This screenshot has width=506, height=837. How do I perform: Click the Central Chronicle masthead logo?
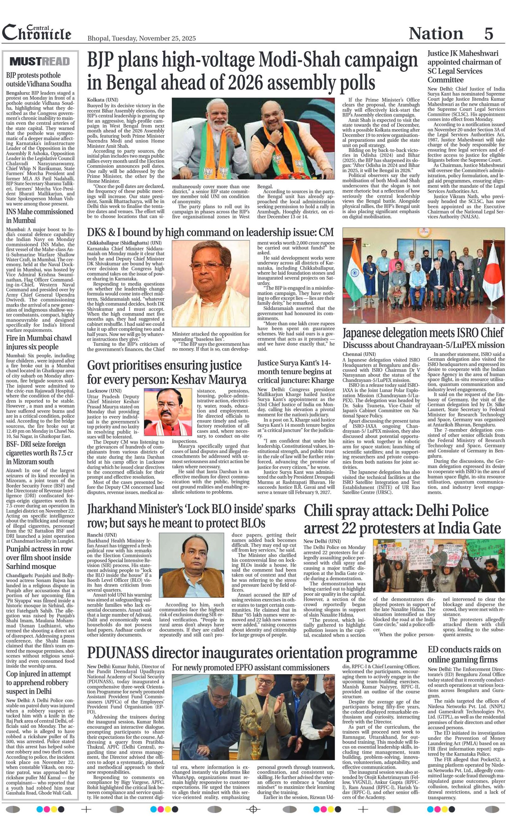coord(37,33)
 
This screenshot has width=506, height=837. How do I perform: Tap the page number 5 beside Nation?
coord(488,33)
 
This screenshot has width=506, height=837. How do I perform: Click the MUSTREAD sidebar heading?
coord(40,61)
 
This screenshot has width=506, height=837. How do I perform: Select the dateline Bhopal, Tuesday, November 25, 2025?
coord(141,38)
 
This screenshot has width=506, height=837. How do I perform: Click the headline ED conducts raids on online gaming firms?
coord(464,654)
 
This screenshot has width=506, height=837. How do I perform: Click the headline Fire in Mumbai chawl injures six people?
coord(39,342)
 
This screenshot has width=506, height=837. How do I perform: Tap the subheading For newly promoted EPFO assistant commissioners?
coord(250,668)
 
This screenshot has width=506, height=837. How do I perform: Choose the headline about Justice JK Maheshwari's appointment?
coord(464,66)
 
